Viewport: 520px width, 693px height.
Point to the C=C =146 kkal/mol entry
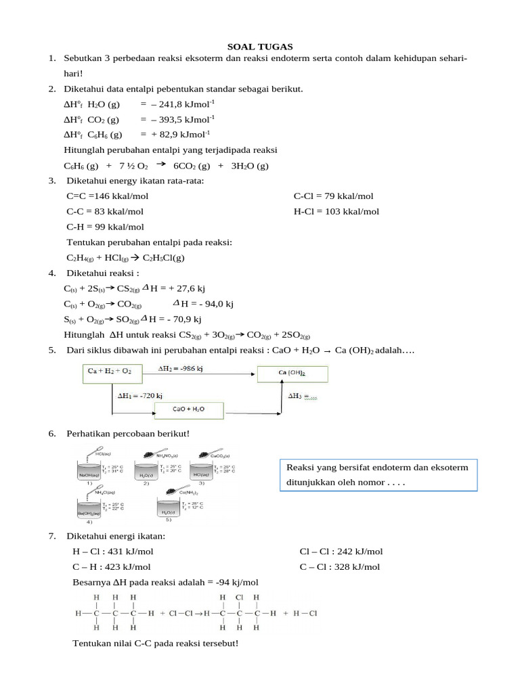coord(107,196)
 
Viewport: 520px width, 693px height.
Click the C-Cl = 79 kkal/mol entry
coord(333,196)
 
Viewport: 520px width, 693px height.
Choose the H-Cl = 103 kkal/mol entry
coord(336,211)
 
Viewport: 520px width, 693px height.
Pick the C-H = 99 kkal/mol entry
coord(105,227)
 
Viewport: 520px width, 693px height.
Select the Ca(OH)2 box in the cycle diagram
coord(292,374)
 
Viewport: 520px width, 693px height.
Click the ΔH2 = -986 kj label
coord(183,369)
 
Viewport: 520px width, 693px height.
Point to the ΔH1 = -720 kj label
coord(141,395)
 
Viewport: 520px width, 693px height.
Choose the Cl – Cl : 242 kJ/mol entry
coord(341,552)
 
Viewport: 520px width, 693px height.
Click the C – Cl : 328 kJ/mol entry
coord(339,566)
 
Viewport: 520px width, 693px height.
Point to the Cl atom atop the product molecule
coord(238,598)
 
